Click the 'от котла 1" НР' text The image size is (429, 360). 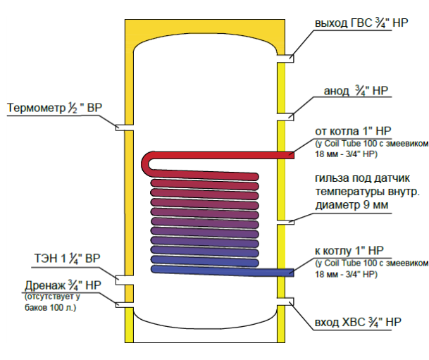353,132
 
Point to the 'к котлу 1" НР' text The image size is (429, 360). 349,250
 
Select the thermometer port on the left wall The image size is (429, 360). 125,128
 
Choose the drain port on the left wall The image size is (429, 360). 125,305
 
